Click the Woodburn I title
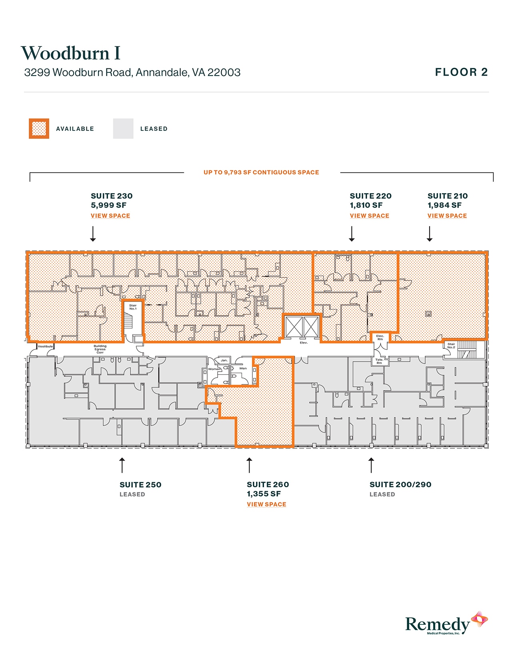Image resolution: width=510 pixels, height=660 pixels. click(70, 53)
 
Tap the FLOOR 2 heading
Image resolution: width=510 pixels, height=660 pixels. click(461, 72)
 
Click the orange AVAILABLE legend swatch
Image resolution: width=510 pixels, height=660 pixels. click(39, 129)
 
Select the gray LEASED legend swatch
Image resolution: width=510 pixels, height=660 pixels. click(123, 129)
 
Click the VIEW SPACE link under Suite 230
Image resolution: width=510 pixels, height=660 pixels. click(110, 216)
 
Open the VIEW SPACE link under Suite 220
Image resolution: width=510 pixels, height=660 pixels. click(369, 216)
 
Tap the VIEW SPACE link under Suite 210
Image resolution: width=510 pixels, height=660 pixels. click(447, 216)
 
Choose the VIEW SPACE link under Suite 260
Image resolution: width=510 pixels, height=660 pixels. click(266, 504)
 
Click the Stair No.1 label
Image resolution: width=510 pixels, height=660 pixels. click(133, 307)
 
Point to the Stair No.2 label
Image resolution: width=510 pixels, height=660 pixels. click(451, 346)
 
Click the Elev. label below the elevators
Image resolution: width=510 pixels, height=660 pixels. click(304, 342)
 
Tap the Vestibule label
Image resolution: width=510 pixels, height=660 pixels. click(45, 346)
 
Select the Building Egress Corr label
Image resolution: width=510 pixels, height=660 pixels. click(100, 349)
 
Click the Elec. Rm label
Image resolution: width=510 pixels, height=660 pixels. click(380, 337)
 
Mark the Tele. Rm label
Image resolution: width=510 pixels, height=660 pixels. click(379, 361)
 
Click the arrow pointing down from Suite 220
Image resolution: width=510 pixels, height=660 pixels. click(352, 234)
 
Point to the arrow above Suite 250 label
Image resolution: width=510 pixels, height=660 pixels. click(122, 465)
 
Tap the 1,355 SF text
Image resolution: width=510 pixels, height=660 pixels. click(264, 494)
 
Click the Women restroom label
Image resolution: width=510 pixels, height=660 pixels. click(214, 369)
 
